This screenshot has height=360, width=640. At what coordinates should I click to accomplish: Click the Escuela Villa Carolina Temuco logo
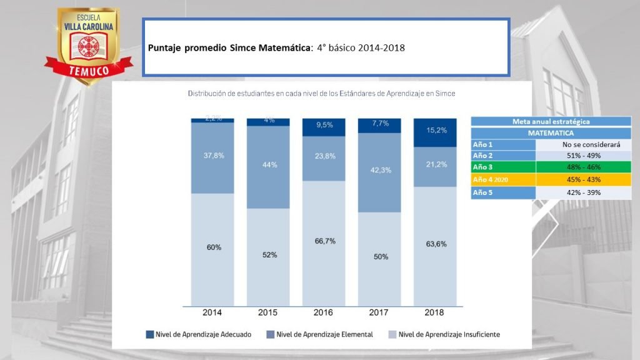pyautogui.click(x=88, y=42)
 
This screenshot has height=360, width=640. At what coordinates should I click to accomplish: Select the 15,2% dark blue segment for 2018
pyautogui.click(x=435, y=132)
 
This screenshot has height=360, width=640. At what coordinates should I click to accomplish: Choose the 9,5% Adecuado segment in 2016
pyautogui.click(x=323, y=126)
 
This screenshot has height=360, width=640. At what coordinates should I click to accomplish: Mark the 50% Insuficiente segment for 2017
pyautogui.click(x=379, y=257)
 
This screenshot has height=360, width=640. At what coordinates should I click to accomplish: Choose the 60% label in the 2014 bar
pyautogui.click(x=212, y=247)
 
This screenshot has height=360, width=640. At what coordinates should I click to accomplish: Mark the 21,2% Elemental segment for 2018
pyautogui.click(x=435, y=166)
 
